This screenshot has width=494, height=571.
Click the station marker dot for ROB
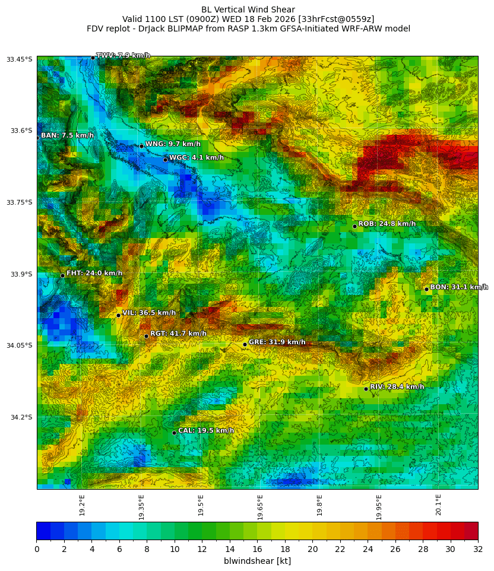pyautogui.click(x=354, y=226)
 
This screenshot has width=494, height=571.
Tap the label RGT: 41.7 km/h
pyautogui.click(x=178, y=334)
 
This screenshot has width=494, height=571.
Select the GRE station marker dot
pyautogui.click(x=245, y=344)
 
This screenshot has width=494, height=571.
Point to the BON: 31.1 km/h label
pyautogui.click(x=459, y=287)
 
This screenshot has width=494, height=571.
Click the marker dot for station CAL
pyautogui.click(x=174, y=433)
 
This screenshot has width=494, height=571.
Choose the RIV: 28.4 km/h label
pyautogui.click(x=397, y=387)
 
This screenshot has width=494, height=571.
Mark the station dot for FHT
pyautogui.click(x=62, y=275)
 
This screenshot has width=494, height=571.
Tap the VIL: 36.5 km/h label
pyautogui.click(x=149, y=313)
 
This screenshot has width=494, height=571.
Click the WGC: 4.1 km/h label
pyautogui.click(x=197, y=158)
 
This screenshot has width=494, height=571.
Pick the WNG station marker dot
pyautogui.click(x=141, y=146)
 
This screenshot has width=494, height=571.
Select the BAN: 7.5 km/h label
pyautogui.click(x=67, y=136)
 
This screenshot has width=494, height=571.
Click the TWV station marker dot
pyautogui.click(x=93, y=58)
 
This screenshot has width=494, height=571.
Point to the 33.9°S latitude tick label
pyautogui.click(x=20, y=274)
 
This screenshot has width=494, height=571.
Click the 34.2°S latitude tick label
pyautogui.click(x=20, y=417)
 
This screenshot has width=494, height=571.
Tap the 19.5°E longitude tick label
pyautogui.click(x=201, y=505)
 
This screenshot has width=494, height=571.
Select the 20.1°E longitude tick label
pyautogui.click(x=438, y=505)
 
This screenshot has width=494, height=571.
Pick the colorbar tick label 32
pyautogui.click(x=477, y=550)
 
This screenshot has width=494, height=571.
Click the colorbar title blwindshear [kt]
pyautogui.click(x=257, y=561)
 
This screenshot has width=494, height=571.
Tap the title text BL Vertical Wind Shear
pyautogui.click(x=248, y=9)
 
